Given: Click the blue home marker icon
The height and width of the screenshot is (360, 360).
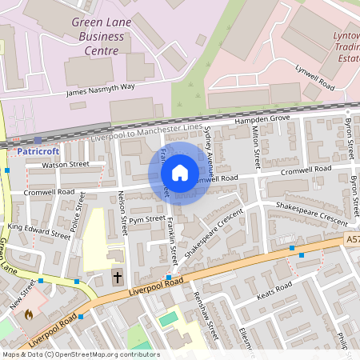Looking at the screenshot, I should pos(180,173).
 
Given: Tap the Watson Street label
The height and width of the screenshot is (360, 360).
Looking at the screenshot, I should pos(66,164).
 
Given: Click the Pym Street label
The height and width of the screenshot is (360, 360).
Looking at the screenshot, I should pos(146,218).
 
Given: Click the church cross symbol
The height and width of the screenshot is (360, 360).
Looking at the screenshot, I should pos(118,278).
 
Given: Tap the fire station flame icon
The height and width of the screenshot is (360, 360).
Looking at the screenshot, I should pos(30,314).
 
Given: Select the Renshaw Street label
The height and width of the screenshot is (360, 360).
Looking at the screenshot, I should pos(210,313).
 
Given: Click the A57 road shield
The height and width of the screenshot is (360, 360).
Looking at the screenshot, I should pos(353,239).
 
